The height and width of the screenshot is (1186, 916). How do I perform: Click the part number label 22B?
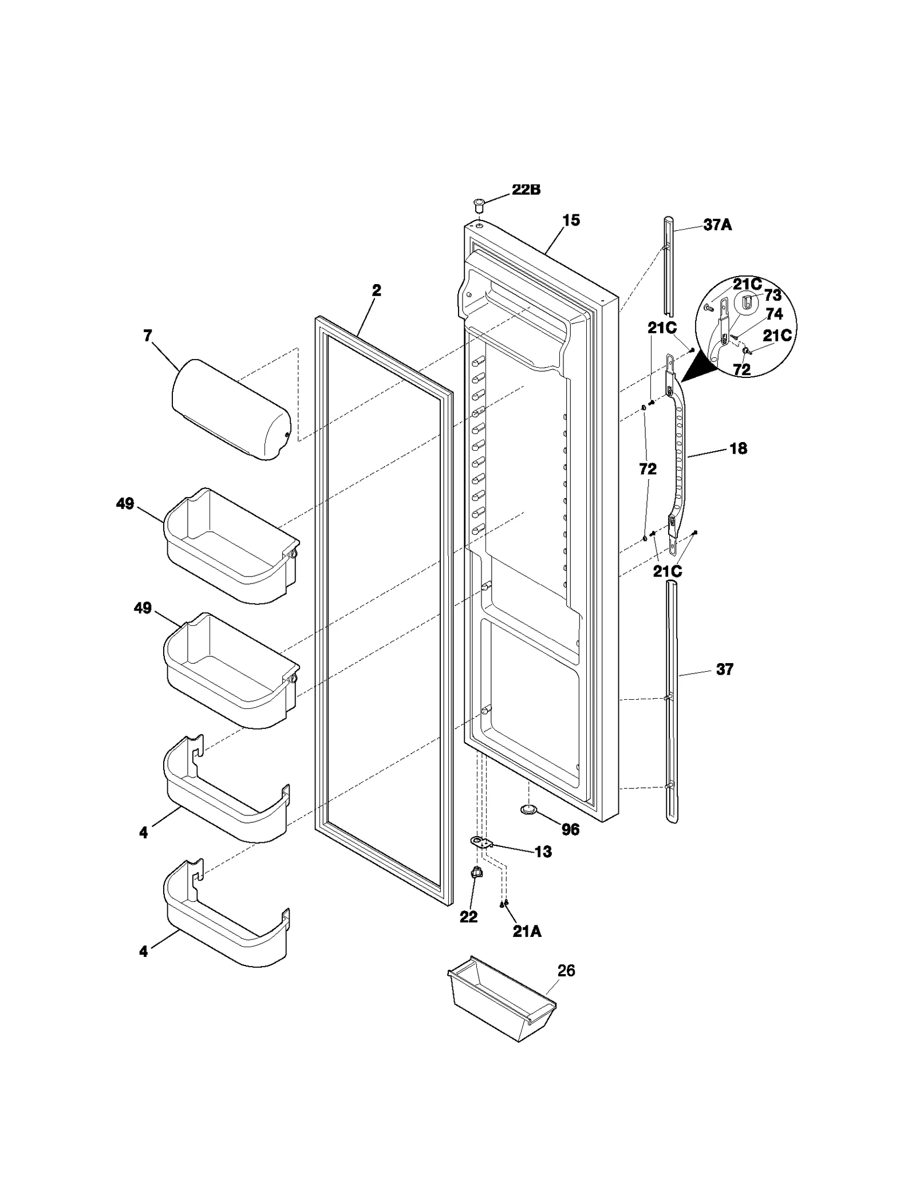point(526,190)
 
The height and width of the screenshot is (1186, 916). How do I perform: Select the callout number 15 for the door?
point(571,220)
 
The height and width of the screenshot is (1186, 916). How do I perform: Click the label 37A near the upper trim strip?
point(717,225)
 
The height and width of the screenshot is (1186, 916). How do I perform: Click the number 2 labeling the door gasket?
point(376,290)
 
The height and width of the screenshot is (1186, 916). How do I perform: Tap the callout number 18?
point(738,448)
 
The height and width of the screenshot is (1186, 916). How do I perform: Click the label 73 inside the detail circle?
point(772,295)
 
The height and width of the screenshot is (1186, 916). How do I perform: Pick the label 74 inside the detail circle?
point(774,314)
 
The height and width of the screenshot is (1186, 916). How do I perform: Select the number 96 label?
point(570,829)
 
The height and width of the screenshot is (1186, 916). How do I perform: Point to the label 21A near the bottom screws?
point(526,932)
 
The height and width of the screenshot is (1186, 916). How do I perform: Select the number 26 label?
point(566,971)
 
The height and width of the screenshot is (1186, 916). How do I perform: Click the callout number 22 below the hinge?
point(468,917)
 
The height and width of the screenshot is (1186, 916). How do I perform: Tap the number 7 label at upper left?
point(148,336)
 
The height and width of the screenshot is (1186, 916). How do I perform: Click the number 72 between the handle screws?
point(647,469)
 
